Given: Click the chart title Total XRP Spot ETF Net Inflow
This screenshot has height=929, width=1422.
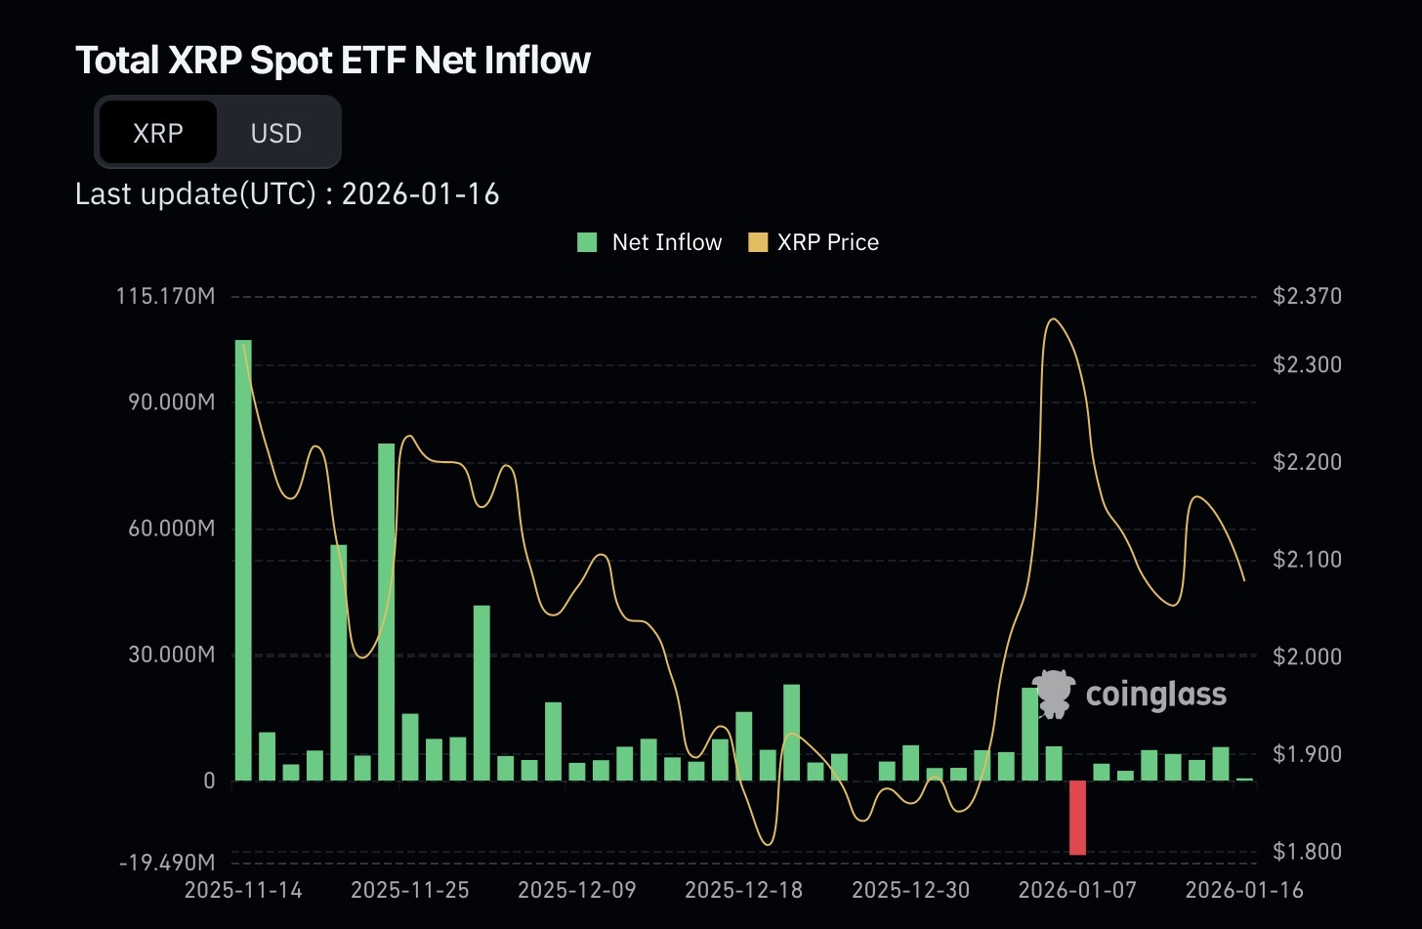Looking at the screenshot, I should [333, 61].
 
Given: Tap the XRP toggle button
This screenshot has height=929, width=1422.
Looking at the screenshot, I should [158, 133].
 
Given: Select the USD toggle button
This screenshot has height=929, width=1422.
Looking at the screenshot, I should [276, 133].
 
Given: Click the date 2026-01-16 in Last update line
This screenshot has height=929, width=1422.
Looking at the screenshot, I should [420, 194].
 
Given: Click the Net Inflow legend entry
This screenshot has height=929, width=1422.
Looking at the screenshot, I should [650, 242].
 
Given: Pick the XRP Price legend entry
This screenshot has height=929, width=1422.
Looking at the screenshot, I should [814, 242].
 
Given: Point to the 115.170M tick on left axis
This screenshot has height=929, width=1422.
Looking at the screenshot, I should [166, 296].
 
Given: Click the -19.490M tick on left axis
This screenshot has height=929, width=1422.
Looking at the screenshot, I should [167, 863].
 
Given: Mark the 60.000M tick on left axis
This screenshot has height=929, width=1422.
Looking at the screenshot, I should [171, 528].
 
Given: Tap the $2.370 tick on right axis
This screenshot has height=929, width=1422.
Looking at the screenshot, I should [1307, 296].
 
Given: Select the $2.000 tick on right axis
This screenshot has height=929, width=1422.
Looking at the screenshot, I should [1307, 656].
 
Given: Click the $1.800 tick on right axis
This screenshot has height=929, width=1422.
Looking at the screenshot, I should [1307, 852].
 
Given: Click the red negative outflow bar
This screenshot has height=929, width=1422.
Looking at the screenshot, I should [1077, 818].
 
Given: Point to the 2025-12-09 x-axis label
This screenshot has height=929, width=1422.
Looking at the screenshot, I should [576, 890].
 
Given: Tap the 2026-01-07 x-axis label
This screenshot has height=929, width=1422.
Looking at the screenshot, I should [1077, 890].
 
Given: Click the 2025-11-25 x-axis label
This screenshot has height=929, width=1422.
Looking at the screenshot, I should [409, 890].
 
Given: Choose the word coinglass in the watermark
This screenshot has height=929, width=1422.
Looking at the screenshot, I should [1155, 695].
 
